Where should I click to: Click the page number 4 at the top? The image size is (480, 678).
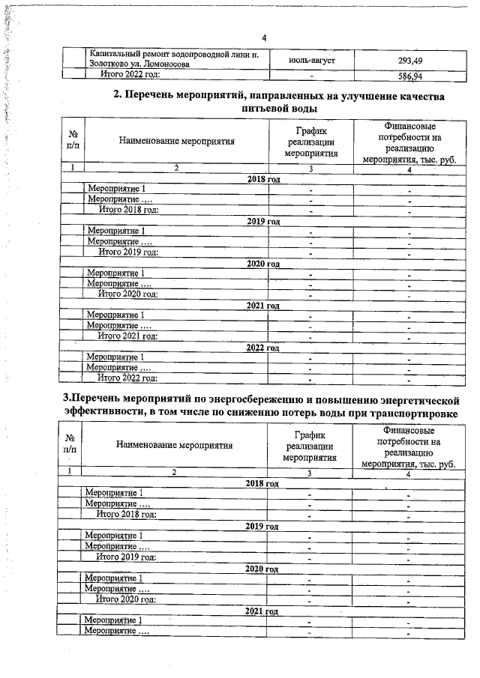tap(264, 38)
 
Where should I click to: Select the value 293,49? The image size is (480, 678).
tap(409, 60)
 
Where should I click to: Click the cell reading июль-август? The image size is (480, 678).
tap(311, 60)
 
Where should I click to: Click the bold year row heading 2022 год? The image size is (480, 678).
tap(263, 348)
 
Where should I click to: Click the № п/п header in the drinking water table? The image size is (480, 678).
tap(73, 140)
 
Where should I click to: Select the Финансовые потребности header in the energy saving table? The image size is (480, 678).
tap(408, 447)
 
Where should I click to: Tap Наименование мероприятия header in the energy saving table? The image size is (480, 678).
tap(174, 445)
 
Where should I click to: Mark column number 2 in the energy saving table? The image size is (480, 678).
tap(174, 473)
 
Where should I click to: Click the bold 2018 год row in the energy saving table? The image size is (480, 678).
tap(262, 483)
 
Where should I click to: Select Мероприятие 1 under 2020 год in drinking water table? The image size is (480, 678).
tap(116, 273)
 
